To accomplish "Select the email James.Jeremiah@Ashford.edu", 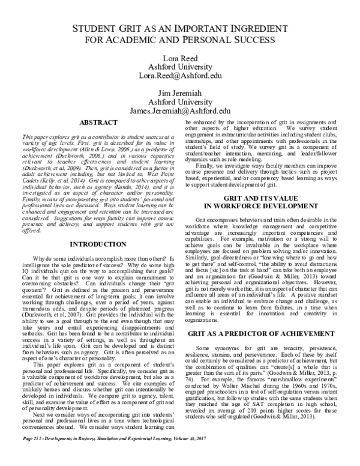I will [x=179, y=111].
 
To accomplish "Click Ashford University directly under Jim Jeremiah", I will [x=179, y=103].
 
